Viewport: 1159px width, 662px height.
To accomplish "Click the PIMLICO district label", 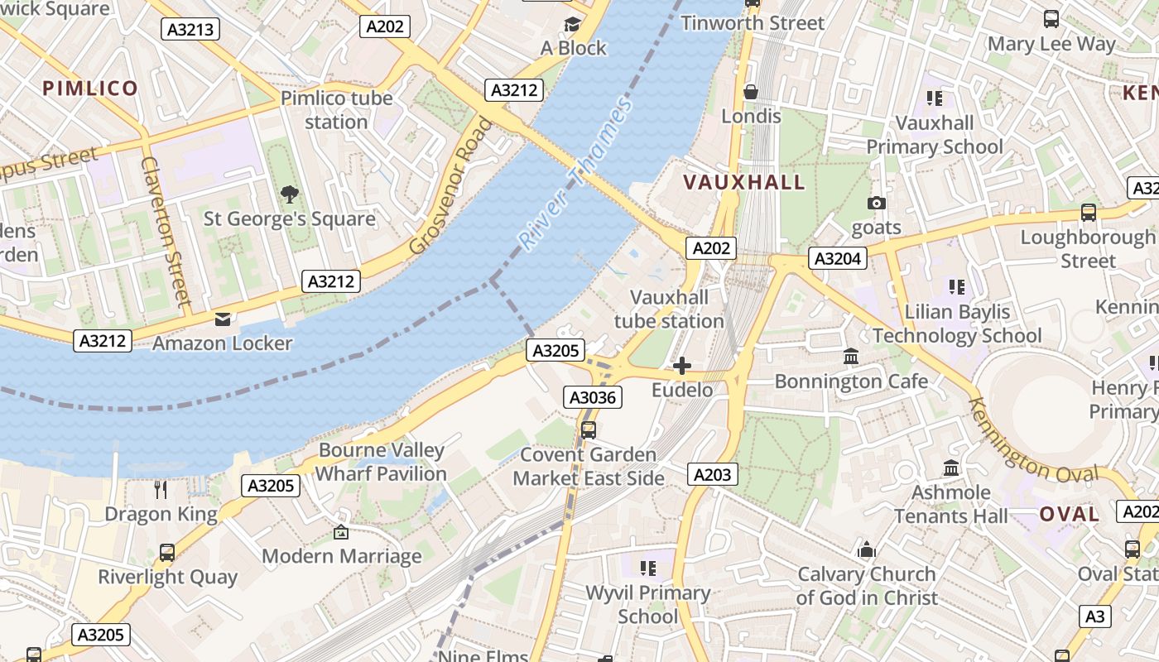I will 90,89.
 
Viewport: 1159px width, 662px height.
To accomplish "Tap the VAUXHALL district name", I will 743,183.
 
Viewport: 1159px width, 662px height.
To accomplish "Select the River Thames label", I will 576,172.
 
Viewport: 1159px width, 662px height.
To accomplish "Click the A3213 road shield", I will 190,30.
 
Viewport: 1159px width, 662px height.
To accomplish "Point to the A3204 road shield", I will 838,259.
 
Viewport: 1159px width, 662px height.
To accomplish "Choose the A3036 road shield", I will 593,398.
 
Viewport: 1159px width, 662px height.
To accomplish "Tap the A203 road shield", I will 712,474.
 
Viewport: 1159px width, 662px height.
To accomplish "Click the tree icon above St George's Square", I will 289,194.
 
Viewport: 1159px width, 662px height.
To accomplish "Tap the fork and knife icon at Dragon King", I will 161,489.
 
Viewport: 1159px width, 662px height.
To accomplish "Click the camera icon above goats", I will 876,203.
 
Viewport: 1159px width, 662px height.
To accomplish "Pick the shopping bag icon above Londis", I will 751,92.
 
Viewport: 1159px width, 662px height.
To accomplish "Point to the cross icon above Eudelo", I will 682,366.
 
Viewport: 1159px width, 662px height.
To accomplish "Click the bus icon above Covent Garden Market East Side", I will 588,430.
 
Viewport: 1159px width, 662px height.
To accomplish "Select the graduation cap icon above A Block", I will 573,24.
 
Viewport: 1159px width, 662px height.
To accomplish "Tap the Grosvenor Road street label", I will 451,186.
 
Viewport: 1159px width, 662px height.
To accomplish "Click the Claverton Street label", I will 166,232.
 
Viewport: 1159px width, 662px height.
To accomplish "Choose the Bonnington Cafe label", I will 851,381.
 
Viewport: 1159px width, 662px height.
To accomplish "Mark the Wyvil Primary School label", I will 647,605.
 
